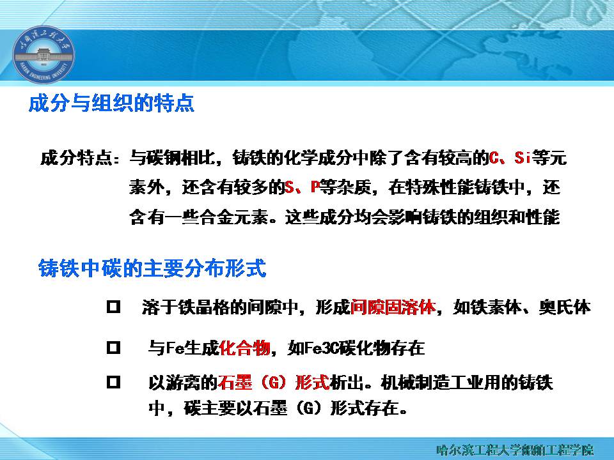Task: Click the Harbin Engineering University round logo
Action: pyautogui.click(x=43, y=54)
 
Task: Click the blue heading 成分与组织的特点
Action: pyautogui.click(x=111, y=103)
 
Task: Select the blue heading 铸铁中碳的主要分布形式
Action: pyautogui.click(x=152, y=268)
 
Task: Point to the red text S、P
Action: pyautogui.click(x=302, y=187)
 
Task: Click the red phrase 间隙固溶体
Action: pyautogui.click(x=393, y=307)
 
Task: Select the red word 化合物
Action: pyautogui.click(x=244, y=348)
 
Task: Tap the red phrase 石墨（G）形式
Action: pyautogui.click(x=273, y=382)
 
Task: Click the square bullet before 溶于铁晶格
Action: pyautogui.click(x=114, y=306)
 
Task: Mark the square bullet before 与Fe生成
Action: pyautogui.click(x=114, y=347)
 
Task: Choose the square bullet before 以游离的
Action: pyautogui.click(x=114, y=382)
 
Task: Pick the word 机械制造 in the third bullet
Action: pyautogui.click(x=414, y=383)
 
